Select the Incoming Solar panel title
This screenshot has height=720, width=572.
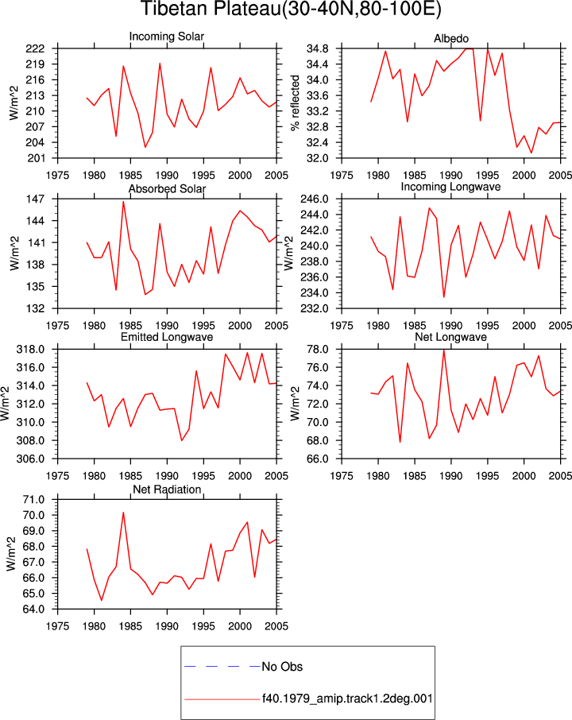(167, 37)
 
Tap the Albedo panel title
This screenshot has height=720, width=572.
(451, 39)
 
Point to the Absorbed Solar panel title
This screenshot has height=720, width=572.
(167, 188)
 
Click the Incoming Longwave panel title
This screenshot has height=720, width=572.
(450, 187)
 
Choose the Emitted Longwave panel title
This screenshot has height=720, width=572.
(167, 337)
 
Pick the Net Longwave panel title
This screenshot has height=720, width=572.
(450, 337)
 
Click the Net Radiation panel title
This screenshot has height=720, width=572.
(167, 490)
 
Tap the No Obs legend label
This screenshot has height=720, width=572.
(282, 667)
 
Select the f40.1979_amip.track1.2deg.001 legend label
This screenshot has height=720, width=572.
(347, 699)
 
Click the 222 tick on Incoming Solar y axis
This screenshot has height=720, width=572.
(35, 48)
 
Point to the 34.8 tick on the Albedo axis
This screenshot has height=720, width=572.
(318, 48)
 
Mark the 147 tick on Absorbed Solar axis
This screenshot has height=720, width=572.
(35, 199)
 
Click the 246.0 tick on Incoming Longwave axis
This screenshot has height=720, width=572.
(315, 199)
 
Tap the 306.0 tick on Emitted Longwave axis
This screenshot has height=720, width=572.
(31, 459)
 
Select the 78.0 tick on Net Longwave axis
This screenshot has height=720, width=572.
(318, 350)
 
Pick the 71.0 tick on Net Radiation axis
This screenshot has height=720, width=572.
(34, 500)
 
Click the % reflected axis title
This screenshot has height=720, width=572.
(296, 103)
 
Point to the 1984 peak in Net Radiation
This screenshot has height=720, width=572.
(123, 513)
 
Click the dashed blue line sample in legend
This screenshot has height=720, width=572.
(222, 666)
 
